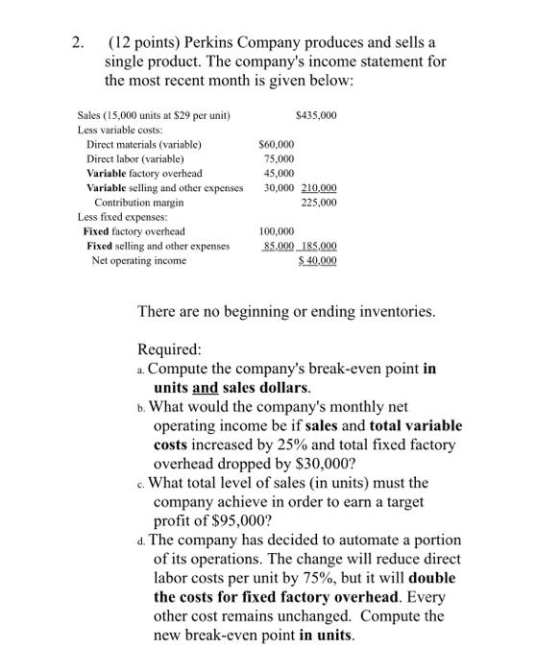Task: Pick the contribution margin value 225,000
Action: coord(320,203)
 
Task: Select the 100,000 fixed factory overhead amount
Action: coord(278,231)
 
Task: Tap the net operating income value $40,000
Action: coord(318,261)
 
